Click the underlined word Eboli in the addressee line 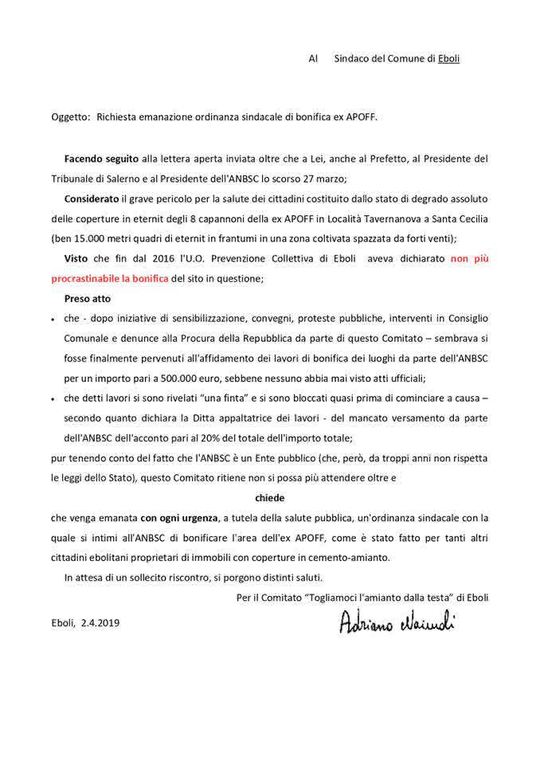coord(448,58)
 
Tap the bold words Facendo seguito coord(102,159)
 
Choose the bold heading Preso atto coord(88,298)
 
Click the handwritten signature coord(396,621)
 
